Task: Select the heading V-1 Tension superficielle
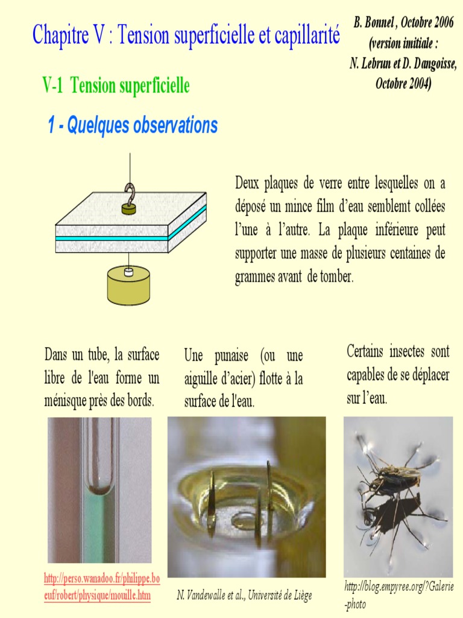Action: coord(116,86)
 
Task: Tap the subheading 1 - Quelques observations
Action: coord(133,126)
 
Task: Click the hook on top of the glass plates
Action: coord(129,194)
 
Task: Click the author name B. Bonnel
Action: coord(374,23)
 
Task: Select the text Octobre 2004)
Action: coord(403,84)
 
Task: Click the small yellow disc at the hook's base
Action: coord(128,209)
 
